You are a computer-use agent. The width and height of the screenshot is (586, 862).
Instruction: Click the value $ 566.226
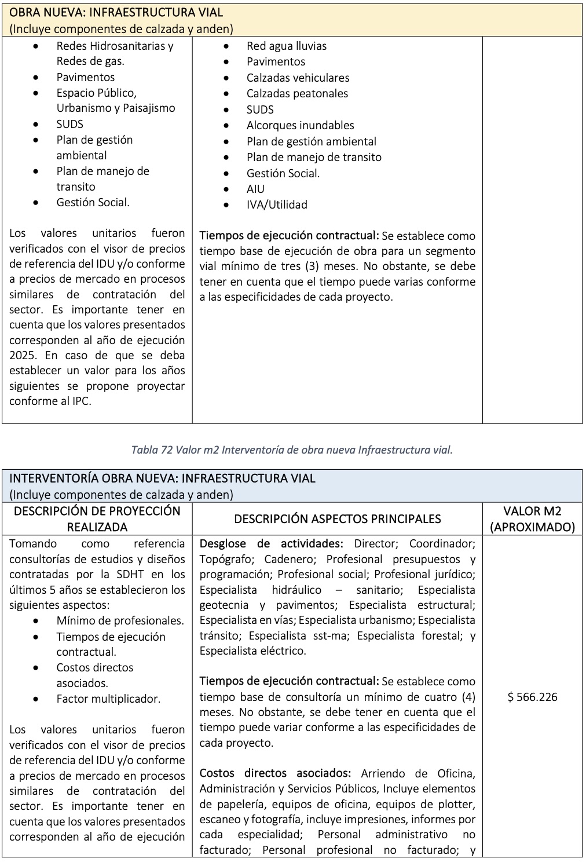(x=532, y=697)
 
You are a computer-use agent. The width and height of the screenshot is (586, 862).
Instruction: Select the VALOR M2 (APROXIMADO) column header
(x=532, y=519)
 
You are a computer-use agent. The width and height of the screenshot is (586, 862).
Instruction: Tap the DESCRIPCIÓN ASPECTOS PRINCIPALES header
(x=337, y=519)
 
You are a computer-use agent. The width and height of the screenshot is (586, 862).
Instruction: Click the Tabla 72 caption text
(x=292, y=450)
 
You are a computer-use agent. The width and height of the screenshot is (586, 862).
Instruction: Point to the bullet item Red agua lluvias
(x=286, y=46)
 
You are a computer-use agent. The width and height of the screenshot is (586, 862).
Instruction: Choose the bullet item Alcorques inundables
(x=300, y=125)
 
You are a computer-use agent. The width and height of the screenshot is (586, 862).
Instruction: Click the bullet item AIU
(x=255, y=189)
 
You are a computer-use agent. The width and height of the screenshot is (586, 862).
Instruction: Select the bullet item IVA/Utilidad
(x=277, y=204)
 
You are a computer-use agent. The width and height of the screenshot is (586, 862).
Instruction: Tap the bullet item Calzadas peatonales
(x=297, y=93)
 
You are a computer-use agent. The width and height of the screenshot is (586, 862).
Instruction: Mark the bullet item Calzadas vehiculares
(x=298, y=78)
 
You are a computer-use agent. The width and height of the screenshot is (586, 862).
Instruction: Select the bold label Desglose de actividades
(x=270, y=543)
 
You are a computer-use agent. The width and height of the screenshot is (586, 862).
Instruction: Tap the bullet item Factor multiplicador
(x=108, y=699)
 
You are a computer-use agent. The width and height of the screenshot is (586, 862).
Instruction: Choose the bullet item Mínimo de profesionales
(x=120, y=620)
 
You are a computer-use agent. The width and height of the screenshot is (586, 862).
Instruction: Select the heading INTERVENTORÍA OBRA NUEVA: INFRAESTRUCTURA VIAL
(x=162, y=479)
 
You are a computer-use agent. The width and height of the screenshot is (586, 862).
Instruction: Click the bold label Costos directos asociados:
(x=275, y=773)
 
